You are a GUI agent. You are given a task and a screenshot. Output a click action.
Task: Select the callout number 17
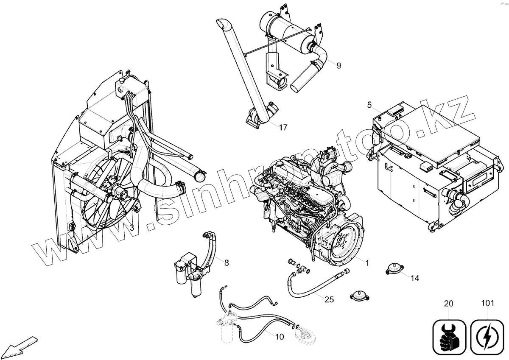(283, 127)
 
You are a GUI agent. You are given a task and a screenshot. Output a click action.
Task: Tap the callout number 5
(369, 104)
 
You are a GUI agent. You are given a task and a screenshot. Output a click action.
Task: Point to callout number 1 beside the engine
(367, 263)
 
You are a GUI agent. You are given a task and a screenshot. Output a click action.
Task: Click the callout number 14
(415, 278)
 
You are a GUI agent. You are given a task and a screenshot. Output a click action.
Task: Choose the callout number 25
(329, 299)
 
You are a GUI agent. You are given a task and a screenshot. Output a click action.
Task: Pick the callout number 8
(227, 263)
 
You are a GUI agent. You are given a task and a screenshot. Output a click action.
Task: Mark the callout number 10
(279, 337)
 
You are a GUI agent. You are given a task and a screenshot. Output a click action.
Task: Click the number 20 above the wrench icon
(448, 304)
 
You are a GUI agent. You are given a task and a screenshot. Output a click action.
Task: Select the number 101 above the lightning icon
(488, 304)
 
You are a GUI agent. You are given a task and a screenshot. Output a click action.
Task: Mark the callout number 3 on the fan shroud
(132, 228)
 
